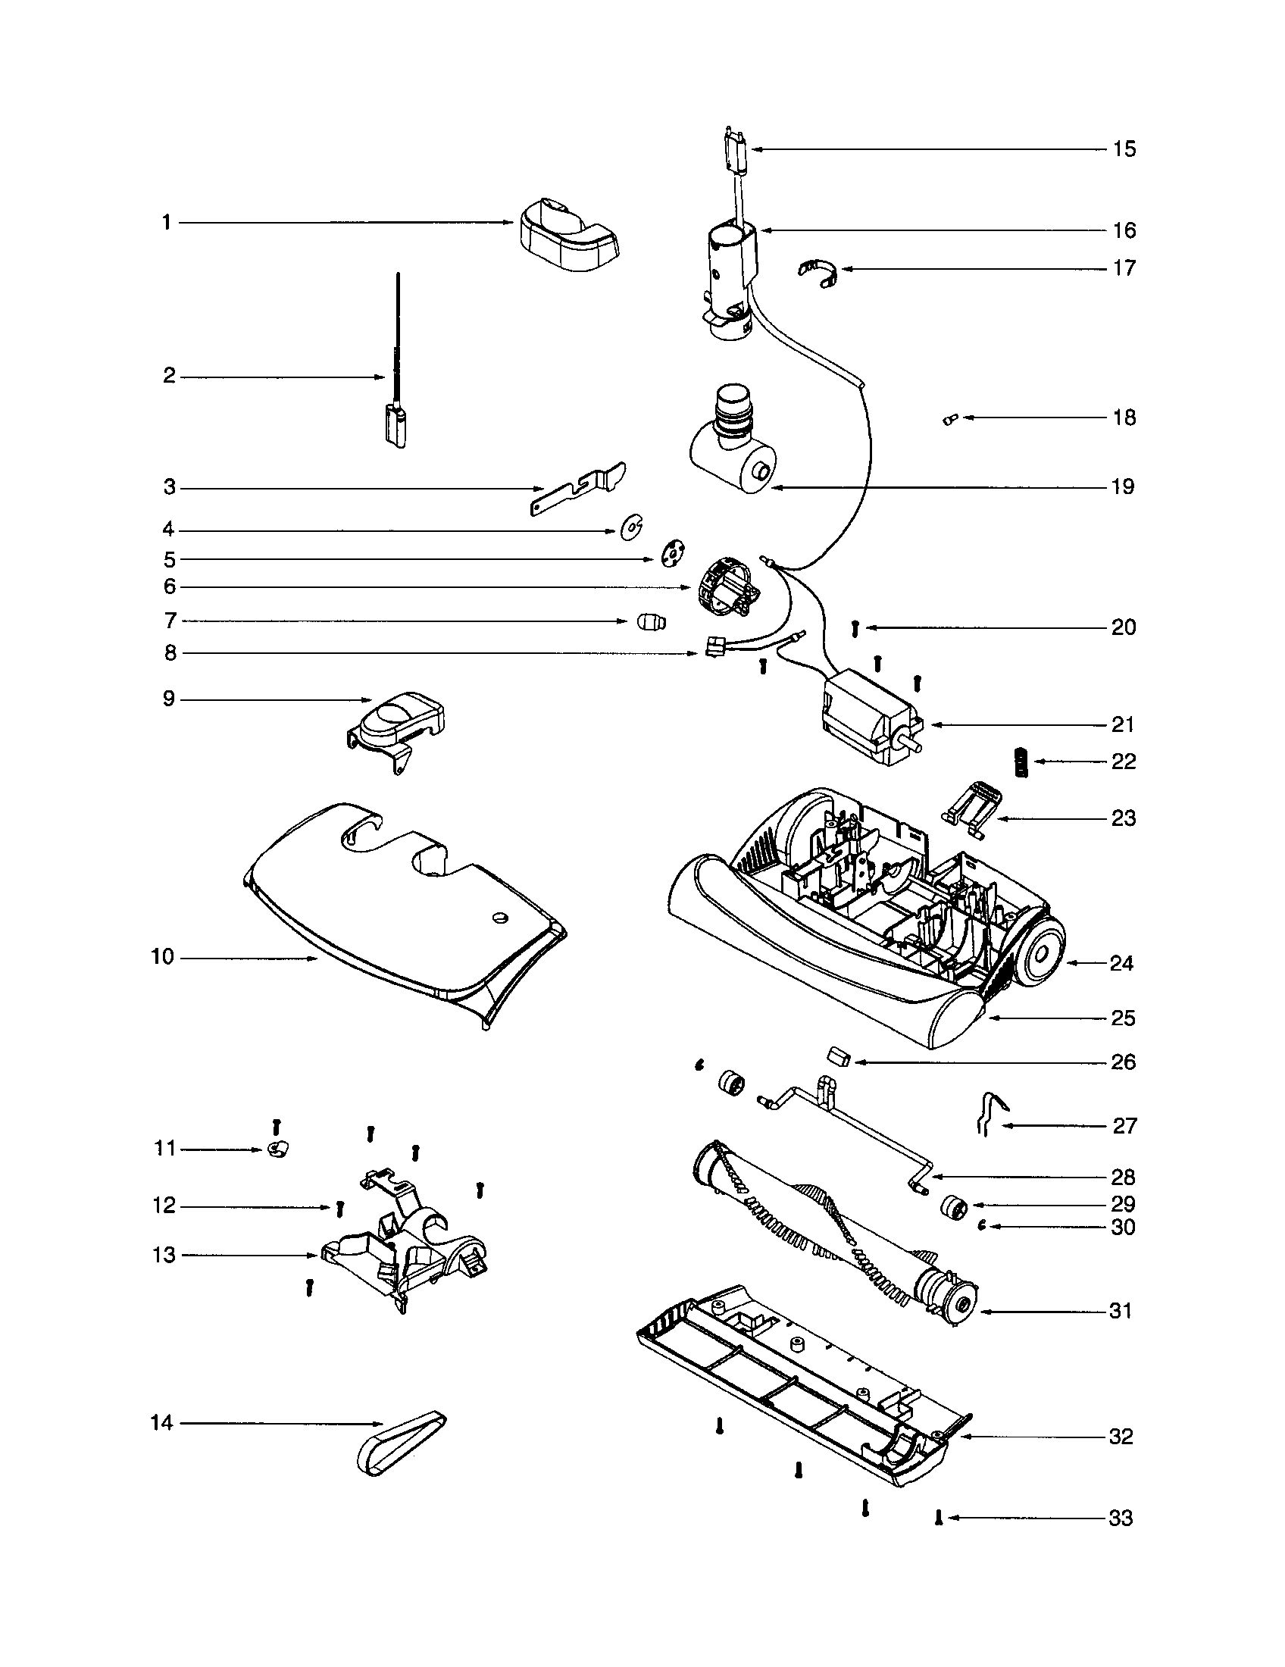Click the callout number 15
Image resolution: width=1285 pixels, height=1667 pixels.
pyautogui.click(x=1123, y=149)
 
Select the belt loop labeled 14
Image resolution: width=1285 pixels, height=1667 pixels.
pyautogui.click(x=401, y=1442)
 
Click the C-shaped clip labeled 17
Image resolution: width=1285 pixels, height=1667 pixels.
pyautogui.click(x=818, y=273)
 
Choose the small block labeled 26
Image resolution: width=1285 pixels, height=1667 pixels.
pyautogui.click(x=837, y=1057)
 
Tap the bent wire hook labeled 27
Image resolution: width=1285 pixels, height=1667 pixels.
pyautogui.click(x=990, y=1115)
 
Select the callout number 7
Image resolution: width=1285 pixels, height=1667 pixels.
pyautogui.click(x=170, y=621)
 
